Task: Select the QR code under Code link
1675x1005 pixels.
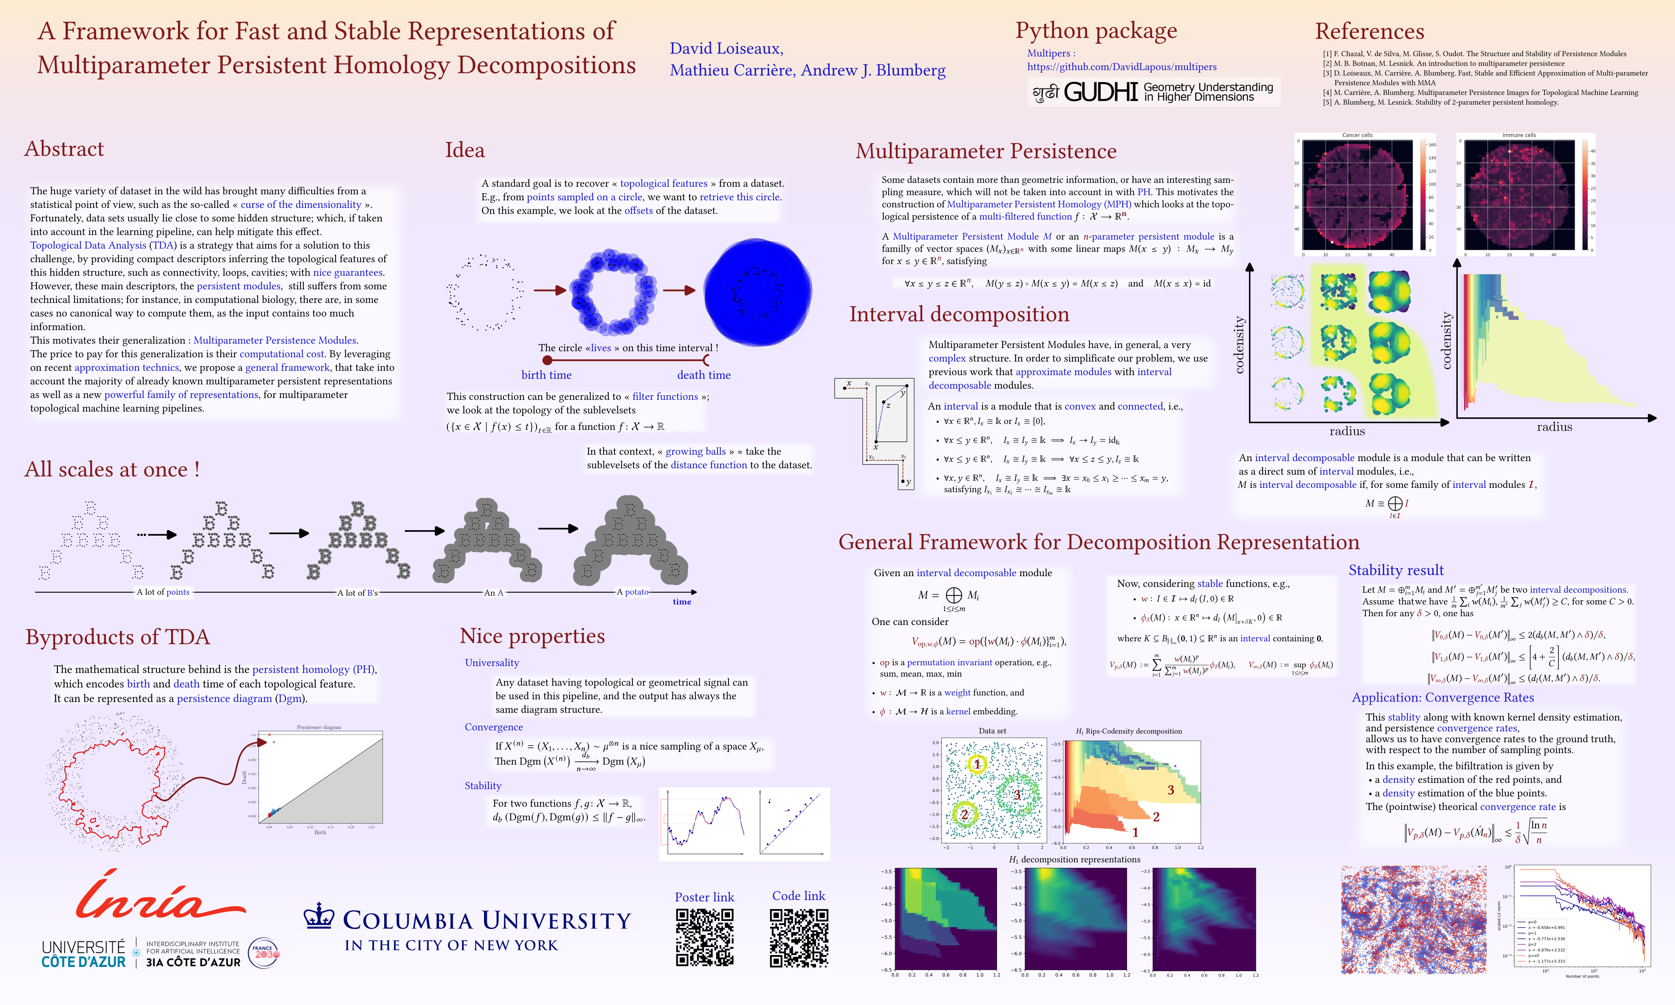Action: point(799,937)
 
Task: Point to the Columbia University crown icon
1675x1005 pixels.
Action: point(319,916)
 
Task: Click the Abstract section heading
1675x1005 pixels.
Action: point(64,149)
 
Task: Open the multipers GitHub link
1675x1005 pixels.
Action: point(1121,66)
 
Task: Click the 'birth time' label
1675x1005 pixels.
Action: point(546,375)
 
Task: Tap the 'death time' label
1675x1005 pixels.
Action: point(703,375)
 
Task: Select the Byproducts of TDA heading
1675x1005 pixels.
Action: point(118,637)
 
